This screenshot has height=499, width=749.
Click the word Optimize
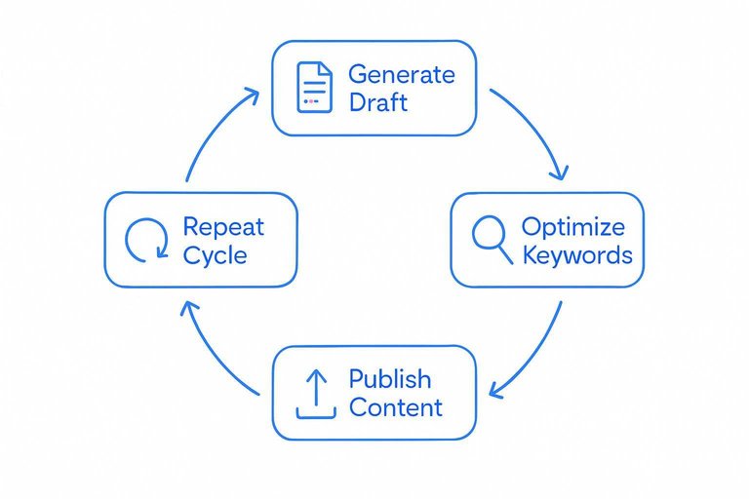(x=572, y=227)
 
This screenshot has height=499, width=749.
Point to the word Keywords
(x=577, y=255)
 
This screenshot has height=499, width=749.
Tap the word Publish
(x=390, y=378)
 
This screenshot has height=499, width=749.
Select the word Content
(x=396, y=407)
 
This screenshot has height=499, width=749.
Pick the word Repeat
(x=223, y=227)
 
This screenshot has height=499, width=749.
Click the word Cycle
(x=215, y=255)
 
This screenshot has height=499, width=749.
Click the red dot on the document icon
(x=306, y=100)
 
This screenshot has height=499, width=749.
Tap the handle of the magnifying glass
(x=504, y=255)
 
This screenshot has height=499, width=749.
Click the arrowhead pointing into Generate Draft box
(x=251, y=95)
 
